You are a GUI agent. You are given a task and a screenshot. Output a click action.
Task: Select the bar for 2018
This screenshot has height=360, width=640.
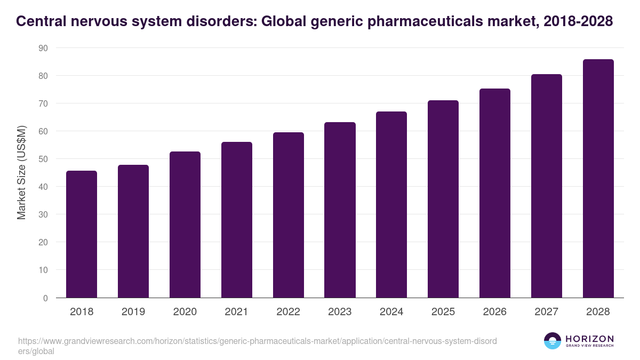pyautogui.click(x=81, y=234)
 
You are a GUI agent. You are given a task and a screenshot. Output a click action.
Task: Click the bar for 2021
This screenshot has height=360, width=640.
pyautogui.click(x=236, y=220)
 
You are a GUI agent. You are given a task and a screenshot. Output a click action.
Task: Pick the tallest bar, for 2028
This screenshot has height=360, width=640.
pyautogui.click(x=598, y=178)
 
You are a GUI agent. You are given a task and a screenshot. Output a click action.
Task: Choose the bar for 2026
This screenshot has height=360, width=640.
pyautogui.click(x=494, y=193)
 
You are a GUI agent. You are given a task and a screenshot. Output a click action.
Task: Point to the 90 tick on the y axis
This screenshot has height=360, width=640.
pyautogui.click(x=43, y=48)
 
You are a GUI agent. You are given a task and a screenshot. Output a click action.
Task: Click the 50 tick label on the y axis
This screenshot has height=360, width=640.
pyautogui.click(x=43, y=159)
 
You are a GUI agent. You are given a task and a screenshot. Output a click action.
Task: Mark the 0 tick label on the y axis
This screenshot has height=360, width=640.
pyautogui.click(x=45, y=298)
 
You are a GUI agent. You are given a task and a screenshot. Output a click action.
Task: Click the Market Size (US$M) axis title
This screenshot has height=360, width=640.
pyautogui.click(x=21, y=173)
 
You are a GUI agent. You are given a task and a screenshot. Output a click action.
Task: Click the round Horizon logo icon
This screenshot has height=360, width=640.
pyautogui.click(x=553, y=341)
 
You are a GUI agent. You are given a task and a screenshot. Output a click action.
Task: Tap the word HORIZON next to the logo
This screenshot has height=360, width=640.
pyautogui.click(x=590, y=339)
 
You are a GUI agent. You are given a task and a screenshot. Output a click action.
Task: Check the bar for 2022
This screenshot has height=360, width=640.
pyautogui.click(x=288, y=215)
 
